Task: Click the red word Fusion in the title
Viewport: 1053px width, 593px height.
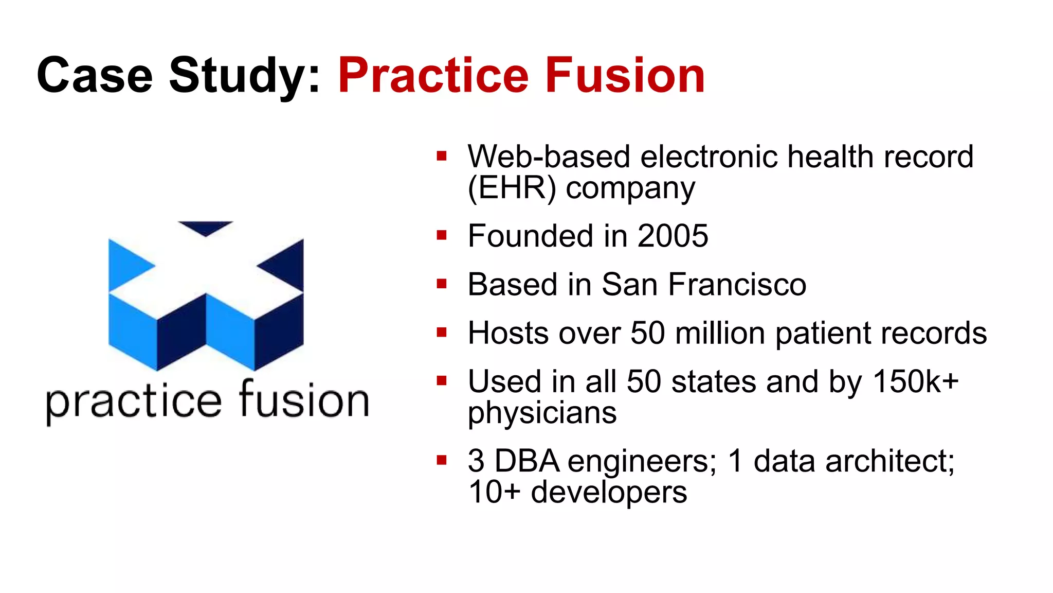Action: [625, 76]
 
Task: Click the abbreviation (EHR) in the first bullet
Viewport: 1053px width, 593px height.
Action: [512, 188]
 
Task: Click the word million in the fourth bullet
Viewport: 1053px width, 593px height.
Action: [720, 333]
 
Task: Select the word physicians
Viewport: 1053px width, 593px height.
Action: [542, 413]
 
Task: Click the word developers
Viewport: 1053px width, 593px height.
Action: [609, 492]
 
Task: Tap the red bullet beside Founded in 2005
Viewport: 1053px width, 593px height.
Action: [441, 236]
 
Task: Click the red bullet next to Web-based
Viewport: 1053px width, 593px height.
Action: [441, 156]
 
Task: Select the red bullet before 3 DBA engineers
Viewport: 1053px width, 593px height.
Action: [441, 460]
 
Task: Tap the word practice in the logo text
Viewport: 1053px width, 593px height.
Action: [134, 402]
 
